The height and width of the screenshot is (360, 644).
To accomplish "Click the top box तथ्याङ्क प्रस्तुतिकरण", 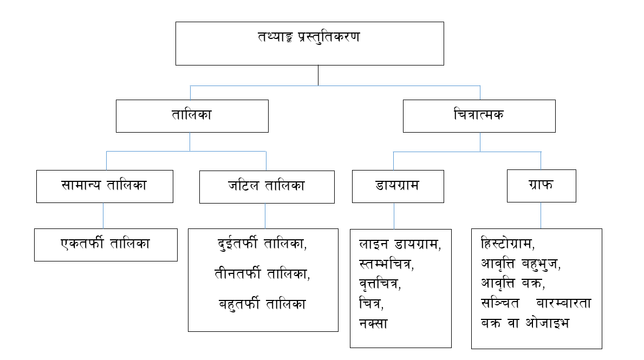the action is (x=310, y=43).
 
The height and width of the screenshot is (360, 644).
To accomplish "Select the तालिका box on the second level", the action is (x=192, y=116).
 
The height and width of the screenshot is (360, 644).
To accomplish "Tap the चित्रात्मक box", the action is (x=479, y=116).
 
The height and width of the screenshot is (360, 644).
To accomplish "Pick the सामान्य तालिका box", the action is (x=105, y=186).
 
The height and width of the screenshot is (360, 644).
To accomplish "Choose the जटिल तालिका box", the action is (x=267, y=187).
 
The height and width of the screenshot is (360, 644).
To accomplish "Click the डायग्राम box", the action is (x=398, y=186).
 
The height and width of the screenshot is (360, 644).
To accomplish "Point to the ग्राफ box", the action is (x=541, y=186).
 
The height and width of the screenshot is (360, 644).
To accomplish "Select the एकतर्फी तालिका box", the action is (x=106, y=245).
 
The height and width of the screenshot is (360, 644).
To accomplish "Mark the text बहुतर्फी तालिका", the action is (x=263, y=304).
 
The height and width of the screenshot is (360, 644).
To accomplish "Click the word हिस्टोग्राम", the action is (x=506, y=244).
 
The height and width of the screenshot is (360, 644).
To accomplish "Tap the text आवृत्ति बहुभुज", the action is (x=519, y=264).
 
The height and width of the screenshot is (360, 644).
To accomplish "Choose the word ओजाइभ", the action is (x=548, y=323).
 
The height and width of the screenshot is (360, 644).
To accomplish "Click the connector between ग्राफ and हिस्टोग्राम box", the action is (x=541, y=215).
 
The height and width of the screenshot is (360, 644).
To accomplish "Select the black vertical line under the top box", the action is (x=318, y=76).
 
